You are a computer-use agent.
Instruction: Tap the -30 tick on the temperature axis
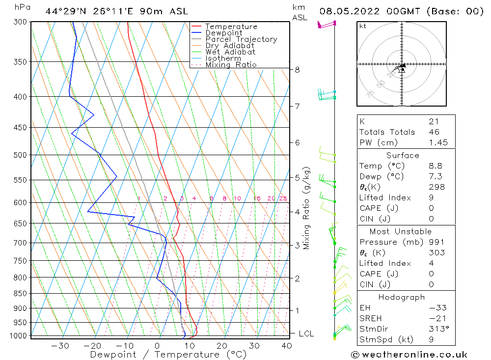pos(60,346)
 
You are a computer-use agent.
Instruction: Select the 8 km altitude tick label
pos(298,70)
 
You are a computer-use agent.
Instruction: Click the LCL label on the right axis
pos(306,334)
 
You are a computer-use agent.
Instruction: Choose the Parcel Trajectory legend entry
pos(241,39)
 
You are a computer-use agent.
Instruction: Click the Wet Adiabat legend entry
pos(230,52)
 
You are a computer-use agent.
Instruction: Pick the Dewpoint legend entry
pos(224,33)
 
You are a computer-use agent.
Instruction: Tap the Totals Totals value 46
pos(435,132)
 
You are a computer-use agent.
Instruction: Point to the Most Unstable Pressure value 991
pos(436,242)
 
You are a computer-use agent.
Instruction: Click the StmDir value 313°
pos(437,329)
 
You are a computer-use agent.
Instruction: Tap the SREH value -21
pos(436,318)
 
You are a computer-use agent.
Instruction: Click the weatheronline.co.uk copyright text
pos(409,355)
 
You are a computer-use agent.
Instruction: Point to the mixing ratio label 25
pos(283,198)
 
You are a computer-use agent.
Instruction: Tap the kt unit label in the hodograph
pos(363,26)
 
